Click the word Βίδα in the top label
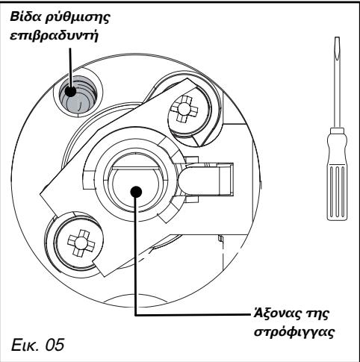35,16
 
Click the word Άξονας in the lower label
276,314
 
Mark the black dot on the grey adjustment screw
72,93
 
